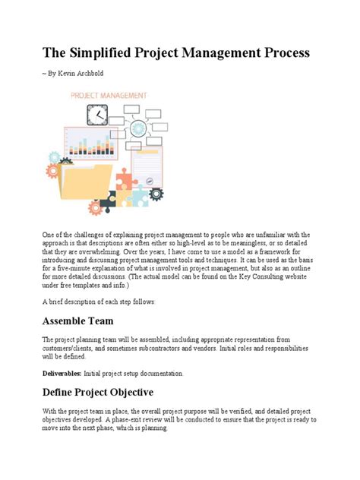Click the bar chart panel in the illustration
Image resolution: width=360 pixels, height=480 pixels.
(90, 144)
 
